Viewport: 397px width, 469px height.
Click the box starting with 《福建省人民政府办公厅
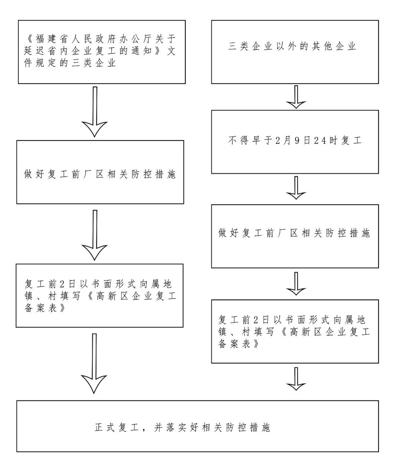pyautogui.click(x=102, y=52)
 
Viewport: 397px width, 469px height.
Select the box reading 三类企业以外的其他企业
pyautogui.click(x=295, y=52)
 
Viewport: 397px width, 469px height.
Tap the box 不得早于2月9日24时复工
pyautogui.click(x=295, y=142)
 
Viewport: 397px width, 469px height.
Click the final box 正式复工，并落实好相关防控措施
pyautogui.click(x=197, y=426)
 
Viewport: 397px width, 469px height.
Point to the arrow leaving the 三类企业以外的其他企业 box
pyautogui.click(x=296, y=97)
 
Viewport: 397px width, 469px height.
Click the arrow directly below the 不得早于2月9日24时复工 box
pyautogui.click(x=296, y=188)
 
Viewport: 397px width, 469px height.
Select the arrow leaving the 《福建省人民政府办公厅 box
pyautogui.click(x=94, y=112)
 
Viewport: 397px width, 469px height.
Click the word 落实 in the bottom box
pyautogui.click(x=172, y=427)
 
